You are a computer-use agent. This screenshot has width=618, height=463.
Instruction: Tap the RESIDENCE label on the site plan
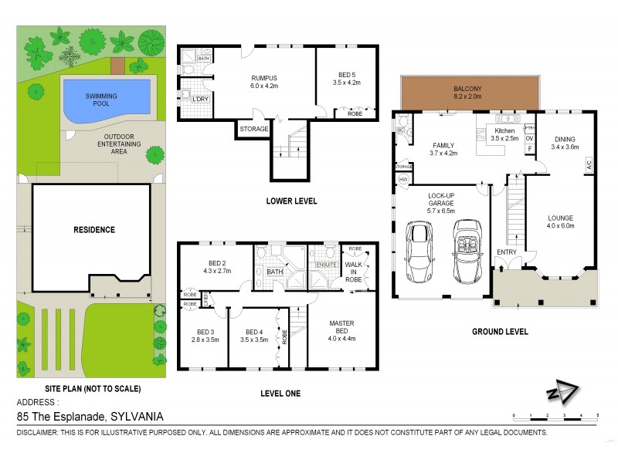pyautogui.click(x=94, y=229)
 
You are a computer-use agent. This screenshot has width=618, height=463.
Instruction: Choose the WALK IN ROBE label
pyautogui.click(x=353, y=269)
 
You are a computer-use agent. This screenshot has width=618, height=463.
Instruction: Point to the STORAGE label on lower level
pyautogui.click(x=253, y=129)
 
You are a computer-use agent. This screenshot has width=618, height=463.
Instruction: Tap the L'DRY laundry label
pyautogui.click(x=190, y=100)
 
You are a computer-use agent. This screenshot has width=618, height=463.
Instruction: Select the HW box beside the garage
pyautogui.click(x=402, y=179)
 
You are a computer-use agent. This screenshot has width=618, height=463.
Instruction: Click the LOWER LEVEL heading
pyautogui.click(x=291, y=201)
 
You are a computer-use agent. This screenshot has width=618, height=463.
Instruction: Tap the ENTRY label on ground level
pyautogui.click(x=508, y=252)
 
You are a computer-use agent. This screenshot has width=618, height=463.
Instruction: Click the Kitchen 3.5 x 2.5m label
pyautogui.click(x=504, y=135)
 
